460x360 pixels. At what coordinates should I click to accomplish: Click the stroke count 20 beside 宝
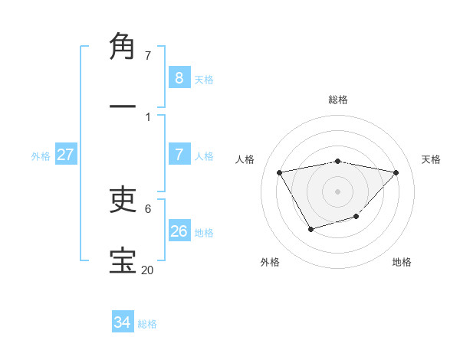(147, 269)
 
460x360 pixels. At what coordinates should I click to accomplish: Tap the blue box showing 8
(179, 78)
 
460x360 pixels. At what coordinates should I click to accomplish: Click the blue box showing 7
(179, 155)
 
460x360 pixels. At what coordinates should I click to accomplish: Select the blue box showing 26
(179, 231)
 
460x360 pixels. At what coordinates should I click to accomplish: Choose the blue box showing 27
(65, 155)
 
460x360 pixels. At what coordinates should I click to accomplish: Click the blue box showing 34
(122, 323)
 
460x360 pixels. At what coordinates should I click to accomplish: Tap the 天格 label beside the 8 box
(204, 80)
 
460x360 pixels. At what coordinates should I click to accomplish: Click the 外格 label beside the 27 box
(41, 156)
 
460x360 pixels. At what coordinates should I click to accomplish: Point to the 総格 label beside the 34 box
(147, 325)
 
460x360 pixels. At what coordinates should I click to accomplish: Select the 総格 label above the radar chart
(338, 100)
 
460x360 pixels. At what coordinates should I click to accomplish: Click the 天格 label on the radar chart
(431, 159)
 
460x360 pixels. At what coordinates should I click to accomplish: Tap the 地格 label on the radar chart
(402, 262)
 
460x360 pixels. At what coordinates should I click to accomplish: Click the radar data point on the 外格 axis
(310, 229)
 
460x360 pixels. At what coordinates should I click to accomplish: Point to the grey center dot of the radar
(338, 191)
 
